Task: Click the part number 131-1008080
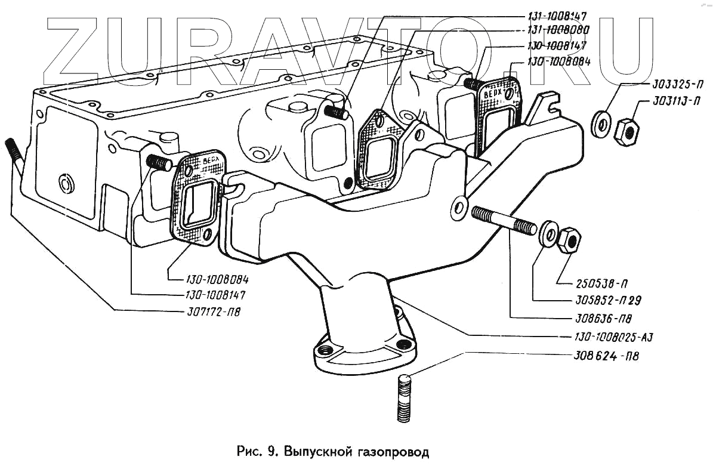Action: (x=558, y=30)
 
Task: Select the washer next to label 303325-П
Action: (x=602, y=124)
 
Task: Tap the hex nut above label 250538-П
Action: (x=570, y=239)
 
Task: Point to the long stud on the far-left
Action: (x=16, y=156)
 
